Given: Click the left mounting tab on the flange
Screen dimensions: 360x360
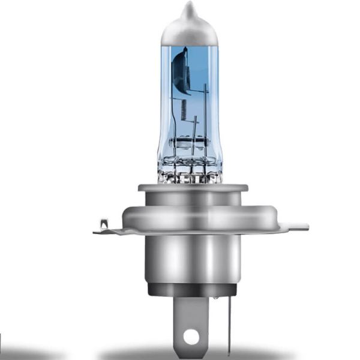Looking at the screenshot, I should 108,229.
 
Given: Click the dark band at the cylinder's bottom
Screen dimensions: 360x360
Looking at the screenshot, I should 189,290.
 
